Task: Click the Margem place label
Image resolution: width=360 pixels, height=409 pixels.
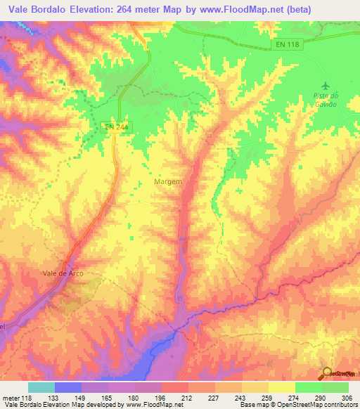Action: tap(168, 181)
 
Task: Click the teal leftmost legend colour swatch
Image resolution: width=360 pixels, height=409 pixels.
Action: tap(41, 387)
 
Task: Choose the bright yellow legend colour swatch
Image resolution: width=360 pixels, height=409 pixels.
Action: tap(281, 387)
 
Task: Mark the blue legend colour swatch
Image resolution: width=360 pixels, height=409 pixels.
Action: tap(68, 387)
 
